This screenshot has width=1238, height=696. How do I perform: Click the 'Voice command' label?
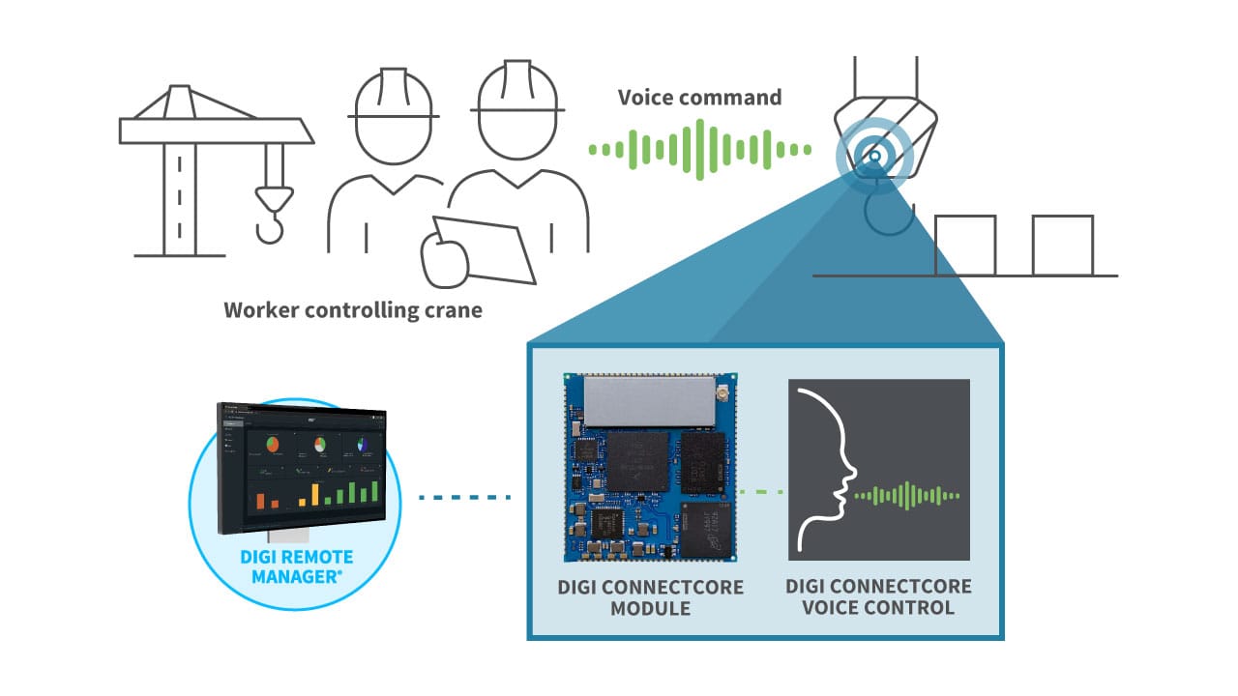[x=699, y=98]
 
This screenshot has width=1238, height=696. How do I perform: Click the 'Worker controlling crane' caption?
[x=353, y=310]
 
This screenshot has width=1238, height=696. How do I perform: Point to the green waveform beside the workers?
[x=699, y=149]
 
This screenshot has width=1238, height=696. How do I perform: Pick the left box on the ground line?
[x=965, y=246]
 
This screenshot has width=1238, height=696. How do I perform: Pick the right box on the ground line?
[x=1062, y=246]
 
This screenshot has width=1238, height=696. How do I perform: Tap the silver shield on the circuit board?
[x=647, y=399]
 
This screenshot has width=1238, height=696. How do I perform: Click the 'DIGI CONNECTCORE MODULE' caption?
[x=650, y=597]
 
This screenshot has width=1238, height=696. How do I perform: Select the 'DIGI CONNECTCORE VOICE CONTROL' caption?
[x=878, y=597]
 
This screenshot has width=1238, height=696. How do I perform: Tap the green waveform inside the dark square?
[x=908, y=495]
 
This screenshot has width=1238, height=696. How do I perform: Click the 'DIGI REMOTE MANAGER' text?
[x=296, y=567]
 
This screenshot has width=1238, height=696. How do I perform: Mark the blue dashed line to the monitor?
[x=464, y=498]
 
